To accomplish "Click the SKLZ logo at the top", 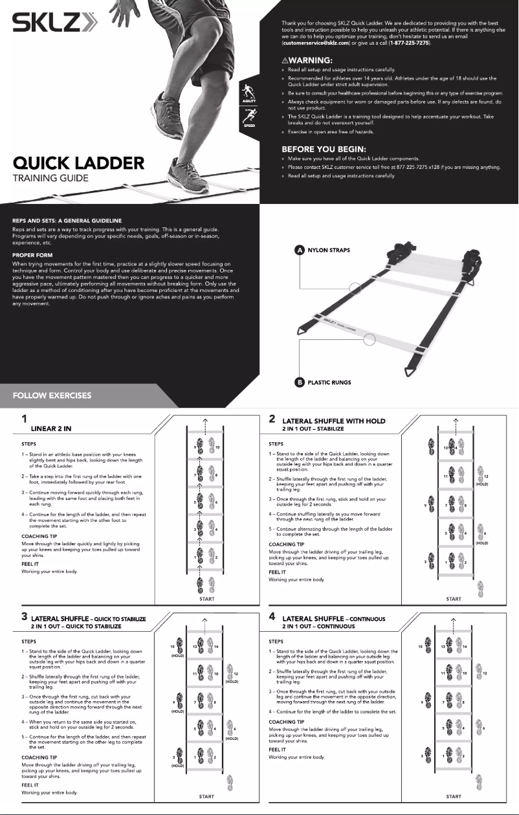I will [56, 25].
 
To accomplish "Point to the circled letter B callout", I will [300, 382].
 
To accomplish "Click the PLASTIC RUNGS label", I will [329, 383].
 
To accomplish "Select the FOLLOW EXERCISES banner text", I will [52, 396].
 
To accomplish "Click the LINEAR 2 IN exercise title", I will [56, 429].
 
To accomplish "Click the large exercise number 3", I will [25, 617].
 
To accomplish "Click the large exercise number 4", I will [273, 617].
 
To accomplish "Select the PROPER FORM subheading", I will [32, 255].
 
